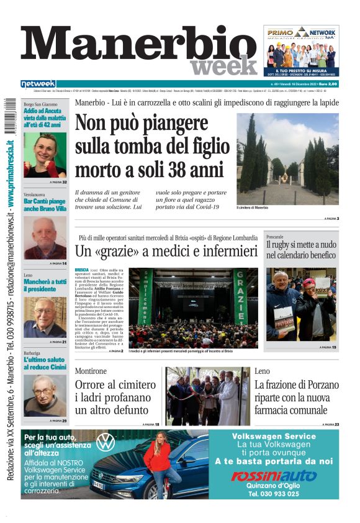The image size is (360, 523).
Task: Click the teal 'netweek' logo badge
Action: point(38,83)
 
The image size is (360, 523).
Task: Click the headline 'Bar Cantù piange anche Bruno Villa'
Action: point(45,205)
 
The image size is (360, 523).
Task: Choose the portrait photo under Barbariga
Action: point(45,395)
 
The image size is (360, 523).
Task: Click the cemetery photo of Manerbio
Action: point(287,159)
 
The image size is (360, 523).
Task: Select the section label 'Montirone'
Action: point(91,371)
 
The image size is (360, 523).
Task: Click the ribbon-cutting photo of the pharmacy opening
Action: point(207,396)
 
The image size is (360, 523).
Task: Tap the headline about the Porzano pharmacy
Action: point(296,397)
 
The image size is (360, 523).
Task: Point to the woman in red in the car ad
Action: point(158,463)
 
